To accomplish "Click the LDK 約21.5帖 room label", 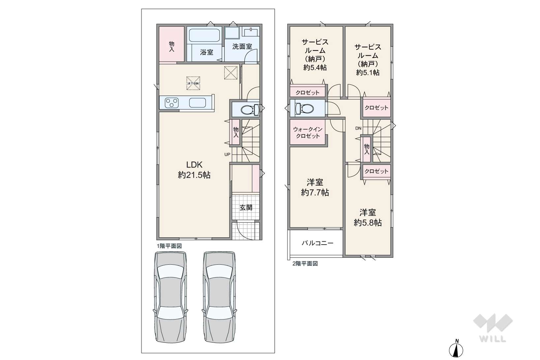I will point(194,170).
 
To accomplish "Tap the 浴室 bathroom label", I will point(207,52).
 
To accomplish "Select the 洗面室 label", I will point(242,46).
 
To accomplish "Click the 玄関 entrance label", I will point(246,207).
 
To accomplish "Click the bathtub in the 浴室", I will point(205,35).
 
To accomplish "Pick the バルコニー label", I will point(317,243).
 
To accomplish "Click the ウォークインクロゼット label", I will point(308,133).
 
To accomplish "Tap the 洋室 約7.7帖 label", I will point(315,187).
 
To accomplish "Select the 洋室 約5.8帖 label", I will point(368,218).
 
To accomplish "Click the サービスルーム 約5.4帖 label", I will point(315,55).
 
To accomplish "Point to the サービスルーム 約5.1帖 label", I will point(368,60).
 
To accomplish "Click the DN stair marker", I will point(358,128).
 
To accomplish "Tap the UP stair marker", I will point(227,154).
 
